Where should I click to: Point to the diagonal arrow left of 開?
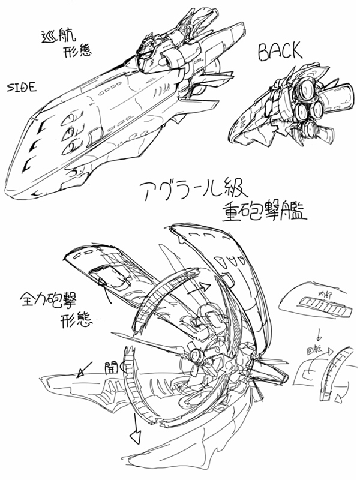(83, 369)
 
